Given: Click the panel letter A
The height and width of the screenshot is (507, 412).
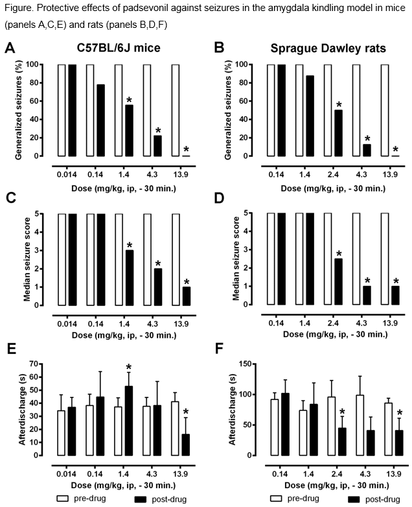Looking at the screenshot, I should click(9, 48).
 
